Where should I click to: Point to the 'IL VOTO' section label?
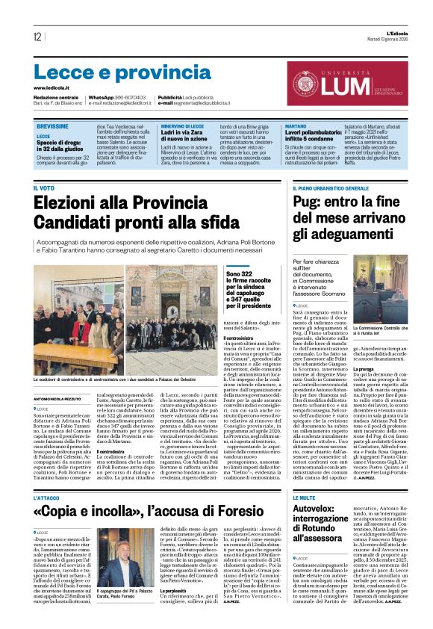pos(44,188)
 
